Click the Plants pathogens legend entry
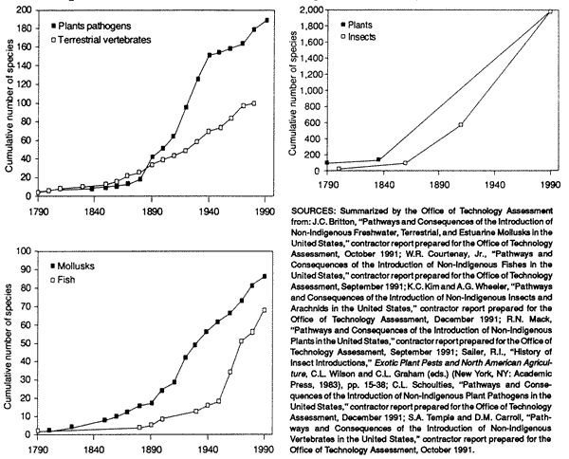coord(91,27)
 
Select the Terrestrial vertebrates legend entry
coord(101,40)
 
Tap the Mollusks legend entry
coord(72,266)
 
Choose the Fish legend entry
coord(63,280)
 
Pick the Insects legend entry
coord(358,37)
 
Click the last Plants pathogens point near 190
coord(266,20)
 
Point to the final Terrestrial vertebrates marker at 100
coord(253,103)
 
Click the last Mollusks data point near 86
coord(265,277)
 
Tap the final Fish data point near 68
coord(265,310)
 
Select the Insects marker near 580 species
coord(461,125)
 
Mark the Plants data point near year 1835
coord(378,159)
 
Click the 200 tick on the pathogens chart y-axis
coord(24,9)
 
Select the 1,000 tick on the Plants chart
coord(312,90)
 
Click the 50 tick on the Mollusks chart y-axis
coord(26,343)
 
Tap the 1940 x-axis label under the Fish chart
coord(208,449)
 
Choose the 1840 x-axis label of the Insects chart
coord(383,185)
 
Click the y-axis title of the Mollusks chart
coord(9,343)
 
